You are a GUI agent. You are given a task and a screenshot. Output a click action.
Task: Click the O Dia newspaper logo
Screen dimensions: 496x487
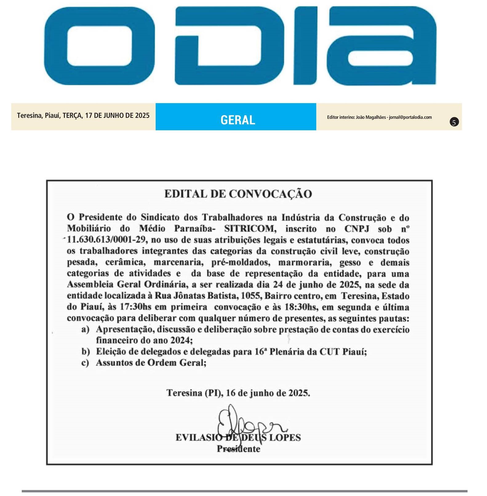[x=240, y=46]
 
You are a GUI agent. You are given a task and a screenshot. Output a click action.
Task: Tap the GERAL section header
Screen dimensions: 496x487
[x=238, y=120]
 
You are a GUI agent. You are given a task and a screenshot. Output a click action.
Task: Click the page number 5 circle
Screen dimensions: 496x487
[x=454, y=122]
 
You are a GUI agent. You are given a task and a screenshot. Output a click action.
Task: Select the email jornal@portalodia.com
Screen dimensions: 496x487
[x=410, y=117]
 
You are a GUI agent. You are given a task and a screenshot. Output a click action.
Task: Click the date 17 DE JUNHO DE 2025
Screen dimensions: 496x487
[x=117, y=115]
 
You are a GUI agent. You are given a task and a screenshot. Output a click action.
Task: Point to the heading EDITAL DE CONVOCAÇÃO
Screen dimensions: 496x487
[x=238, y=194]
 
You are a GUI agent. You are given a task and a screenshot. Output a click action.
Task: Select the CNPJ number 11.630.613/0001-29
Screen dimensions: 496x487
[x=106, y=240]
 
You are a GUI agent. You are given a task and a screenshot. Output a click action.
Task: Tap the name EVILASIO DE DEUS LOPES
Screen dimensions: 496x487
[x=238, y=438]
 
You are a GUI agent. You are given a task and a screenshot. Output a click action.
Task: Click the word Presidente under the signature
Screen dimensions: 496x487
[x=238, y=449]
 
